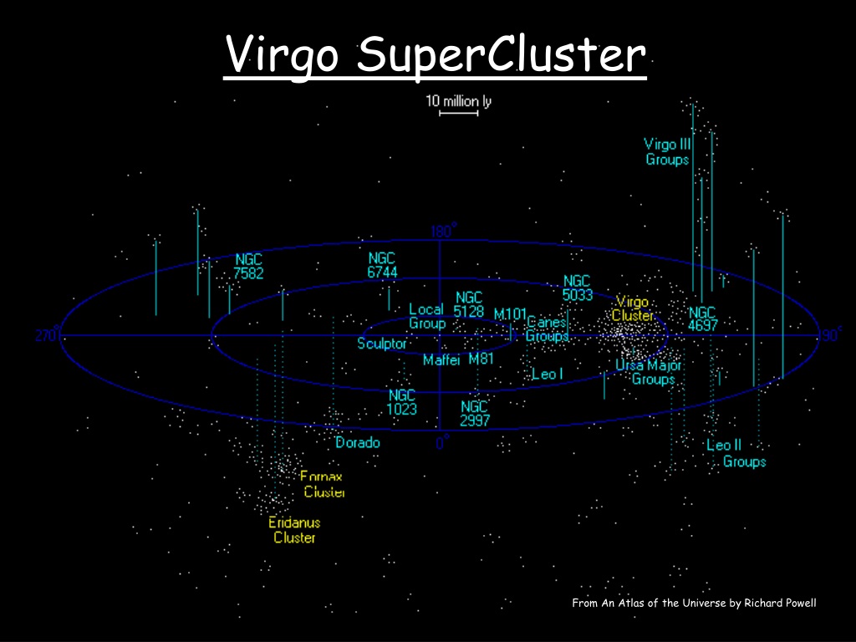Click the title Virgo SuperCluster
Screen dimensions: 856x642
[435, 55]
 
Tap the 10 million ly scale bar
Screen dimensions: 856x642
[459, 114]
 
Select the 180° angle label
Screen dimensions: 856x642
[443, 231]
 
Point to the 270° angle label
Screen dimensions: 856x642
[48, 334]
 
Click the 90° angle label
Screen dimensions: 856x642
[830, 334]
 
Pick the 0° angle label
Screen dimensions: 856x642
[443, 442]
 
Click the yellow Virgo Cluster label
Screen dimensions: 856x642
[632, 308]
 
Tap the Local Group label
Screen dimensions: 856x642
[427, 316]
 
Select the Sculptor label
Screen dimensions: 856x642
[381, 344]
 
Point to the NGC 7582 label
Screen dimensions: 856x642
[248, 266]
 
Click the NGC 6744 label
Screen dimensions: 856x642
[382, 265]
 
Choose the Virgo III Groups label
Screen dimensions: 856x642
[667, 152]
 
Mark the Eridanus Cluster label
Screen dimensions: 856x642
[294, 530]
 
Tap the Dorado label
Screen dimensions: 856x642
[358, 442]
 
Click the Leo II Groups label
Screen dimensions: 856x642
[736, 453]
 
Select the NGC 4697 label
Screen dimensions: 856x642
[702, 318]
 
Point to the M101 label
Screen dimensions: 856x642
[510, 314]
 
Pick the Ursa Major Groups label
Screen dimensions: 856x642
[649, 372]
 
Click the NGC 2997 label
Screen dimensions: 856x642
[475, 413]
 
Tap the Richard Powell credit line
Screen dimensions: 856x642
[694, 604]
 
